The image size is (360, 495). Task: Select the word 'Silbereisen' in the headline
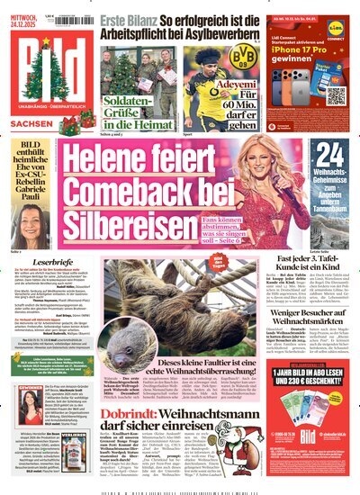[134, 220]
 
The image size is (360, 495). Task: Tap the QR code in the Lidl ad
[336, 94]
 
